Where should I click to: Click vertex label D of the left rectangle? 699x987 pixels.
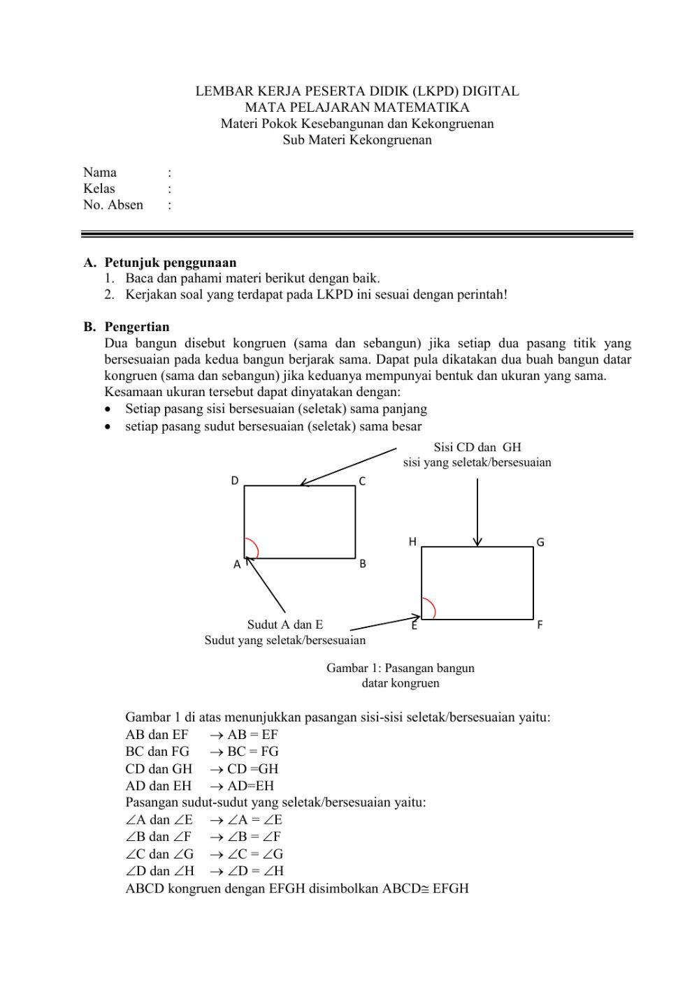[x=235, y=481]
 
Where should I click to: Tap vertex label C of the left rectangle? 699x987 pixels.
[x=362, y=481]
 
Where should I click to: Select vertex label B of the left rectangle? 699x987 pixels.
[x=363, y=564]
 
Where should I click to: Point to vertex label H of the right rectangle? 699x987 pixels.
[x=412, y=542]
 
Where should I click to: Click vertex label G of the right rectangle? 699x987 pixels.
[x=540, y=542]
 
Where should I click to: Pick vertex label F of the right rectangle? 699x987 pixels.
[x=540, y=625]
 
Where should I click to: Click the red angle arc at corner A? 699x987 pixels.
[x=254, y=548]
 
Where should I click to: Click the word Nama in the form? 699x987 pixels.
[x=100, y=173]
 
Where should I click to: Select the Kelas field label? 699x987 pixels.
[x=99, y=189]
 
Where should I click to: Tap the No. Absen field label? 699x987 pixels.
[x=113, y=205]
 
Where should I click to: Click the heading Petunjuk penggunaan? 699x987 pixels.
[x=171, y=263]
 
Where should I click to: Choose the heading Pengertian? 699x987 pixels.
[x=137, y=326]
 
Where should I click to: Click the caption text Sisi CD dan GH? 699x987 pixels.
[x=477, y=447]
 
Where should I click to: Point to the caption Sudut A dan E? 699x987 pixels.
[x=285, y=624]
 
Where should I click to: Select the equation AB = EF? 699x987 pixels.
[x=252, y=734]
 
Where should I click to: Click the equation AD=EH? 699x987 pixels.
[x=250, y=785]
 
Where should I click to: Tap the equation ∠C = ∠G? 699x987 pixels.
[x=255, y=854]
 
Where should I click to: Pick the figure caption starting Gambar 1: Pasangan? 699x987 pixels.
[x=401, y=668]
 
